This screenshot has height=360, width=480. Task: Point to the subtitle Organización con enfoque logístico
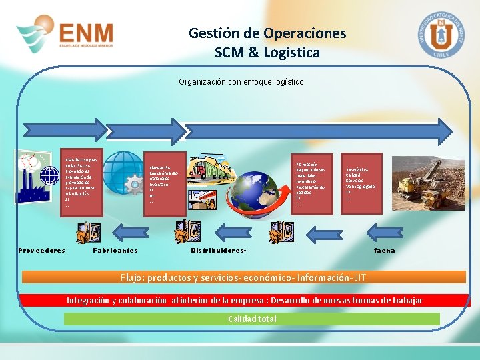(x=241, y=82)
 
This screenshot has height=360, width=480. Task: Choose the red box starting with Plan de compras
(x=81, y=183)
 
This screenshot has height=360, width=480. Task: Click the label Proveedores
(x=41, y=251)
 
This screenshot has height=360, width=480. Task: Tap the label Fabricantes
(x=115, y=251)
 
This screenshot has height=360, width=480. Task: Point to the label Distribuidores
(x=219, y=251)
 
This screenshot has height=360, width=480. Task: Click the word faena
(x=384, y=251)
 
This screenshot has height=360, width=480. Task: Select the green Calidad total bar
(x=251, y=319)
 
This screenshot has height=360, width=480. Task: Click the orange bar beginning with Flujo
(x=243, y=277)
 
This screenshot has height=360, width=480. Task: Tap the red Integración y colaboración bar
(x=244, y=301)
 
